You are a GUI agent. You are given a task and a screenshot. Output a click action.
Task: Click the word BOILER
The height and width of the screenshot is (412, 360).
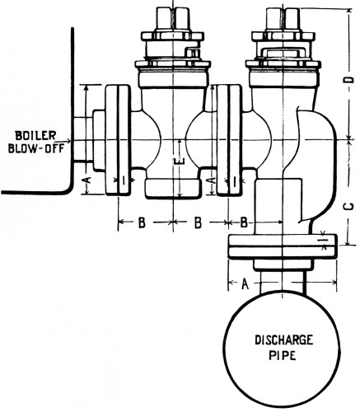click(x=35, y=135)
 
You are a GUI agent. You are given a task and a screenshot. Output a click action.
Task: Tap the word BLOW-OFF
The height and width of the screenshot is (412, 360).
click(x=35, y=148)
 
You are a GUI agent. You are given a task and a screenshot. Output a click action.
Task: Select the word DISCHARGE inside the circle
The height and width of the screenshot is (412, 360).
click(x=284, y=340)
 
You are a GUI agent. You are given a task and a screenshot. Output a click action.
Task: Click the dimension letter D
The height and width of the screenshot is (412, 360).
click(x=349, y=79)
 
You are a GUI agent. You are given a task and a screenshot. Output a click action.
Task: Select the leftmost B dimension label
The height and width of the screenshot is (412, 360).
click(x=141, y=222)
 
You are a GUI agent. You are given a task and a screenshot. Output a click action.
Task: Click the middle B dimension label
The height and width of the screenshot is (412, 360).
click(x=198, y=222)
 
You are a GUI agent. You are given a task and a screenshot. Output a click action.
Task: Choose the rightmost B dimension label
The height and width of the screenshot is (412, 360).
click(x=244, y=222)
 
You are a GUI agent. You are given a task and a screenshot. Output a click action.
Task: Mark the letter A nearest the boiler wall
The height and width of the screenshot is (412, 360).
click(x=86, y=180)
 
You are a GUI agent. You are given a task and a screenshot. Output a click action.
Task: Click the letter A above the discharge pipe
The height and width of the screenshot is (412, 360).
click(x=245, y=283)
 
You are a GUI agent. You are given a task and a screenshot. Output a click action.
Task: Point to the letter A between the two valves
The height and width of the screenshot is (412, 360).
click(x=210, y=180)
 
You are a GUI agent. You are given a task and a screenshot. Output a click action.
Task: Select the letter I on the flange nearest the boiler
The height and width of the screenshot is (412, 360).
click(x=124, y=180)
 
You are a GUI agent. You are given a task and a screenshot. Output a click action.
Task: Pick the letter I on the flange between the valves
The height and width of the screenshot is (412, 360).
click(x=235, y=181)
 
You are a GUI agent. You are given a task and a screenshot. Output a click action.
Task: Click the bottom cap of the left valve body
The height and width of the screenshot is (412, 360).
click(x=172, y=188)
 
